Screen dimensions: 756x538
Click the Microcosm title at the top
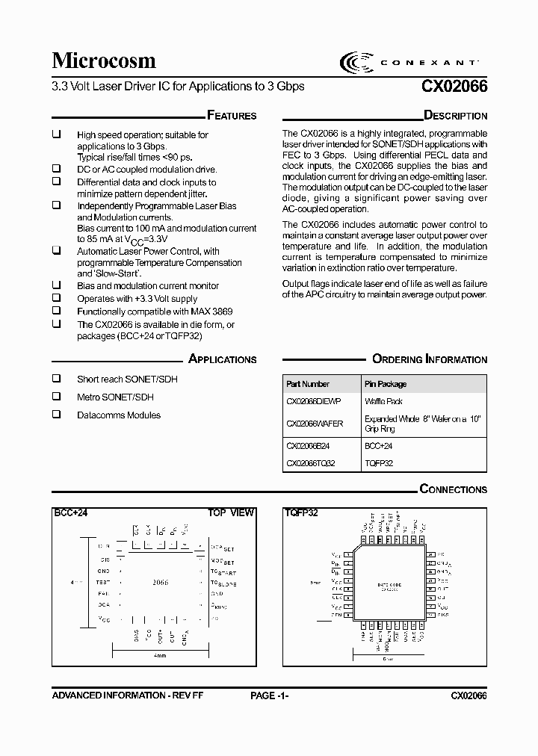(104, 61)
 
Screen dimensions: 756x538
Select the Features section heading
(231, 116)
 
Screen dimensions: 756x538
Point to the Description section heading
(455, 116)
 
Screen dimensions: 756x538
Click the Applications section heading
(222, 359)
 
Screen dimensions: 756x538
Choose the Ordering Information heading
(430, 359)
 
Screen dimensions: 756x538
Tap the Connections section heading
(453, 489)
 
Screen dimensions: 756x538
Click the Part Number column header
(308, 384)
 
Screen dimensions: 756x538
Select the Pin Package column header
(386, 384)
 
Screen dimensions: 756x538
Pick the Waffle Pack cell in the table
(383, 401)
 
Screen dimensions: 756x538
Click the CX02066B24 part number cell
(308, 445)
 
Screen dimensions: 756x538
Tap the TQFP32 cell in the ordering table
(379, 463)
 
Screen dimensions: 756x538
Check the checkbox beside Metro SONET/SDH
(56, 397)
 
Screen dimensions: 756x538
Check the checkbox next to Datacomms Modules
(56, 415)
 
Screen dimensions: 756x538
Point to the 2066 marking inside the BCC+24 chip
(160, 582)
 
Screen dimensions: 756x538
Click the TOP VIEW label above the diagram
(231, 513)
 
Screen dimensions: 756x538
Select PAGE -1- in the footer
(270, 695)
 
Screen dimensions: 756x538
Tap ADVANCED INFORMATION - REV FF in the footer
(128, 695)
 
